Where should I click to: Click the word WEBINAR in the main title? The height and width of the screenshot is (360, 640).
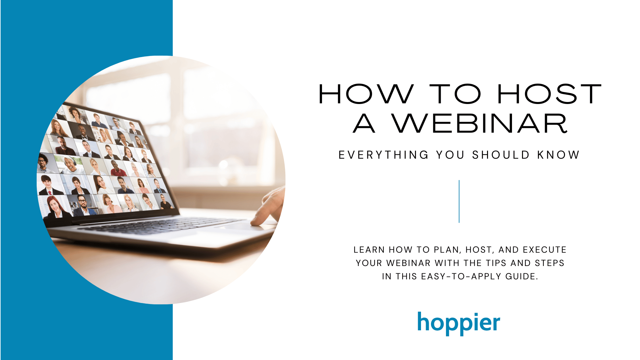(x=479, y=124)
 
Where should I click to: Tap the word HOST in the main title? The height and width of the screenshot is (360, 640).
(x=549, y=94)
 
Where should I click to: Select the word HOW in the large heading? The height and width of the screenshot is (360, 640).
(x=366, y=94)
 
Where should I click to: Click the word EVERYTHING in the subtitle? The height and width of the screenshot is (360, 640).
(x=383, y=155)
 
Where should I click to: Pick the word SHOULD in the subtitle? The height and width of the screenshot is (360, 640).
(x=501, y=155)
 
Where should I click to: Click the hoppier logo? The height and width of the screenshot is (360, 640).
(x=459, y=323)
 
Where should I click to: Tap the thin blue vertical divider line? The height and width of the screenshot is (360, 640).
(x=459, y=201)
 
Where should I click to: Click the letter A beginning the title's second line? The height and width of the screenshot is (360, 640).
(x=364, y=124)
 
